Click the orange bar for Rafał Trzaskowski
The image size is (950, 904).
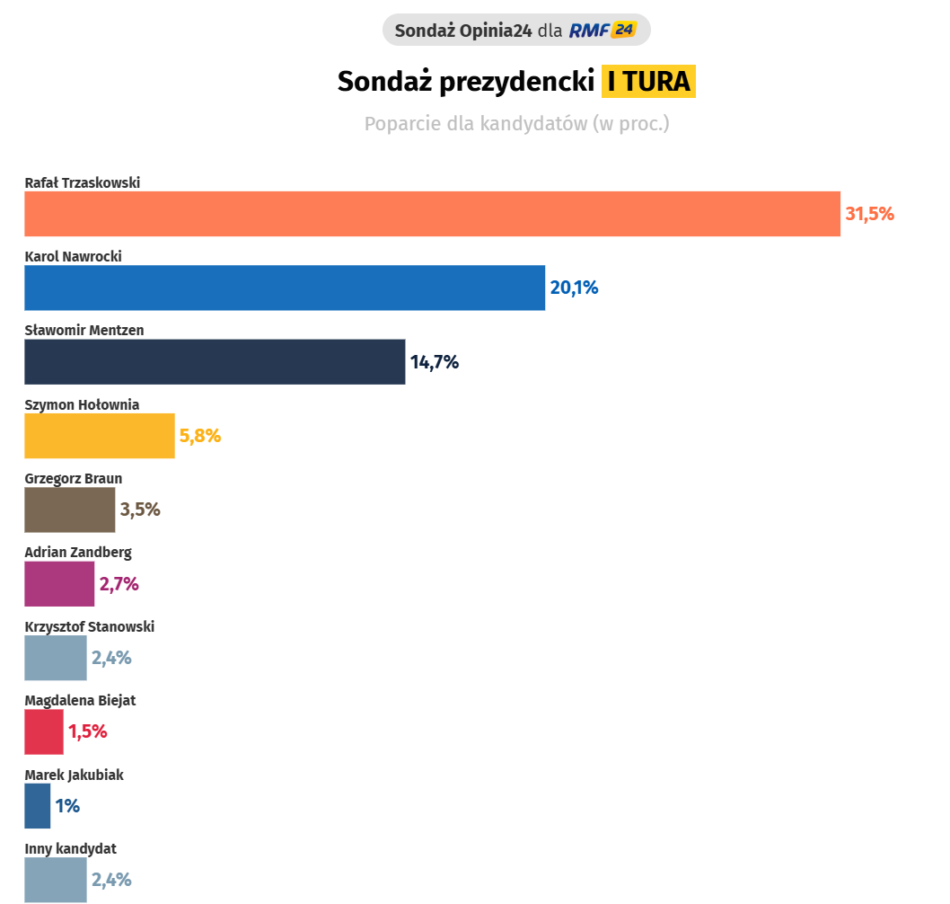tap(432, 214)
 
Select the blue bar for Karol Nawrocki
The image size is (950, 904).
tap(285, 288)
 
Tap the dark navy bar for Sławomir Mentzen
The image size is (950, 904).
tap(215, 362)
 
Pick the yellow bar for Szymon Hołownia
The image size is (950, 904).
tap(100, 436)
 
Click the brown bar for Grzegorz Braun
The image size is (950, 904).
tap(70, 510)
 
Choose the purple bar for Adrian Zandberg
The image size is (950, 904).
tap(59, 584)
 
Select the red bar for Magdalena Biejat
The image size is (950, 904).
tap(44, 731)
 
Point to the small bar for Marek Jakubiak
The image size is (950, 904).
tap(38, 806)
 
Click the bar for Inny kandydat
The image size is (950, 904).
tap(56, 880)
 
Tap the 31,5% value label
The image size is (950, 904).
tap(869, 214)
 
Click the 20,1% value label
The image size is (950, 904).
tap(574, 288)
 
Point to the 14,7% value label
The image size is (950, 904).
tap(435, 362)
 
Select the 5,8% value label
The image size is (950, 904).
tap(200, 437)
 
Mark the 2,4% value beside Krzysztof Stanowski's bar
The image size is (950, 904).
tap(111, 658)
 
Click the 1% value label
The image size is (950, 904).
tap(67, 806)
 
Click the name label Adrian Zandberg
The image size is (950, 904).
tap(78, 553)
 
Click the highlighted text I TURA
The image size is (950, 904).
tap(648, 82)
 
